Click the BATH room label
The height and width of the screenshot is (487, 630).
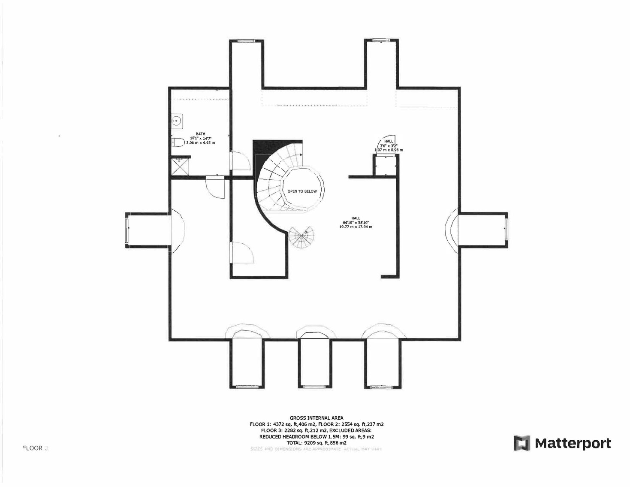[x=200, y=134]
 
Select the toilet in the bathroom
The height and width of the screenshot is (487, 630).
[x=177, y=142]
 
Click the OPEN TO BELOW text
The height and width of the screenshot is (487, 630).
[x=302, y=191]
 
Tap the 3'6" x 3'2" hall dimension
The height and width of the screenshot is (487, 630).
[x=389, y=145]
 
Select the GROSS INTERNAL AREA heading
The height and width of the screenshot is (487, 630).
[x=316, y=417]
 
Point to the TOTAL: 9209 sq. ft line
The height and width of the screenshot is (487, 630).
[x=317, y=442]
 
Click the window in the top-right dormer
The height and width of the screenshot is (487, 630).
[x=380, y=40]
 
